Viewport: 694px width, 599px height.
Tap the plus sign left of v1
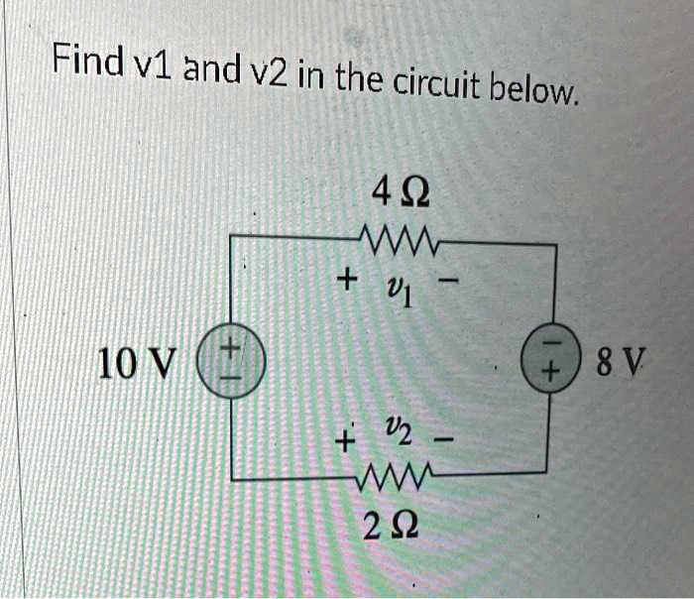click(346, 282)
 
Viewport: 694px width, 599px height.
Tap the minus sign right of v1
click(451, 284)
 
